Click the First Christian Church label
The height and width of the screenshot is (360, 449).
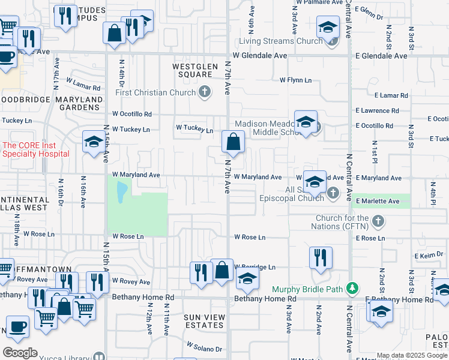(155, 92)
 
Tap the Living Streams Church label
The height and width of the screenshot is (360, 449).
(280, 41)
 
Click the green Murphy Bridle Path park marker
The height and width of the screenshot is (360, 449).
(354, 289)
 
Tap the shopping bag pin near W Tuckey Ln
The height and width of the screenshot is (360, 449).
(233, 143)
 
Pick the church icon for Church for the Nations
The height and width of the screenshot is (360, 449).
(378, 222)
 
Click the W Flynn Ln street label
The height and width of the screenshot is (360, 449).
(296, 80)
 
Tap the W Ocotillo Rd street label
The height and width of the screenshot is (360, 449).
(132, 114)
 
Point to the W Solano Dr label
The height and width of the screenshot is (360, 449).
(204, 347)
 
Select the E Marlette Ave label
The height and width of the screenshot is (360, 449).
(378, 201)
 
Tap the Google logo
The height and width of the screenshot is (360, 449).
(20, 353)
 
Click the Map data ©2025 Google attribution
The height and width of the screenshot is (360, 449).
(412, 355)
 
